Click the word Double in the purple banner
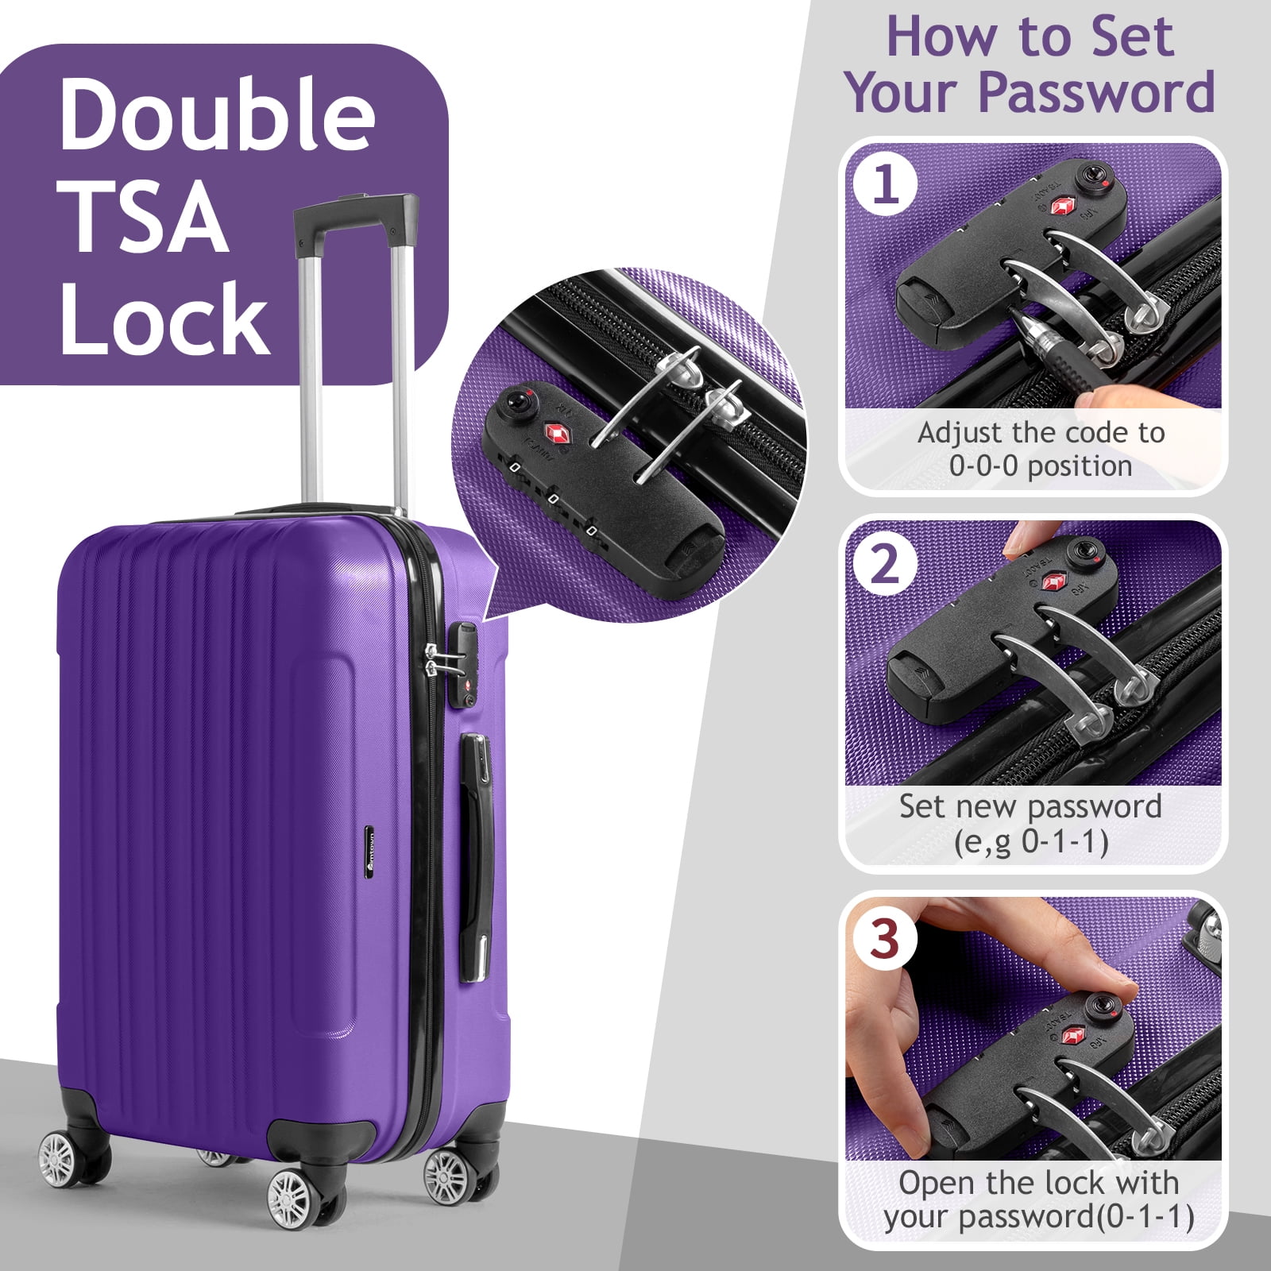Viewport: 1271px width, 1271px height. (216, 114)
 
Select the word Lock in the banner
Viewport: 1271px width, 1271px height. (164, 317)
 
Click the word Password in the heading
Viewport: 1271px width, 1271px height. (1097, 92)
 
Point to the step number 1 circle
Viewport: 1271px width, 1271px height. (886, 185)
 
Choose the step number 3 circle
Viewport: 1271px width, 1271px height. (886, 939)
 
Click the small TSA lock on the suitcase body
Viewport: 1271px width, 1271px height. (463, 664)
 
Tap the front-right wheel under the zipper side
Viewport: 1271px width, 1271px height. (447, 1176)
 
